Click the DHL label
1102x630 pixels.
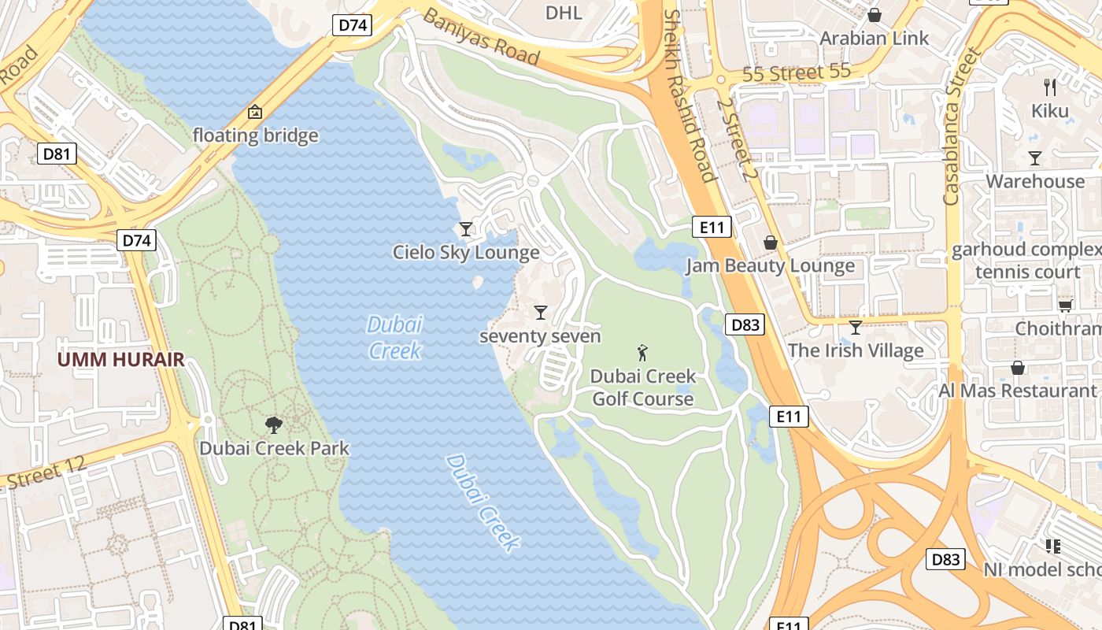(564, 13)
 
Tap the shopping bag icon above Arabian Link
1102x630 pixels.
(874, 15)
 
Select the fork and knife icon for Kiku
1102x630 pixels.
(1050, 87)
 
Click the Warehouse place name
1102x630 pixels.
(1034, 181)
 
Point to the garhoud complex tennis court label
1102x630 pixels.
(1027, 261)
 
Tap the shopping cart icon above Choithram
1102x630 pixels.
(1065, 306)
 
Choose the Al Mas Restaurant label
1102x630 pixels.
(1017, 391)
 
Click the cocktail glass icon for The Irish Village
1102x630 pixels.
(856, 327)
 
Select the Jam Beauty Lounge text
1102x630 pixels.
(770, 266)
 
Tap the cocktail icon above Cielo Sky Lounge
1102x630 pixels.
(466, 229)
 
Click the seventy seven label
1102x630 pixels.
(540, 336)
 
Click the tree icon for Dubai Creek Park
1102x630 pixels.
(274, 425)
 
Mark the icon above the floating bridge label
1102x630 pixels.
(255, 113)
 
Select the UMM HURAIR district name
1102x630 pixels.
(120, 360)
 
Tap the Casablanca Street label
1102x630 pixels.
(963, 126)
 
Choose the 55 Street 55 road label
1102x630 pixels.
(797, 73)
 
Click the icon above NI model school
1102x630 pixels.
(1052, 546)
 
